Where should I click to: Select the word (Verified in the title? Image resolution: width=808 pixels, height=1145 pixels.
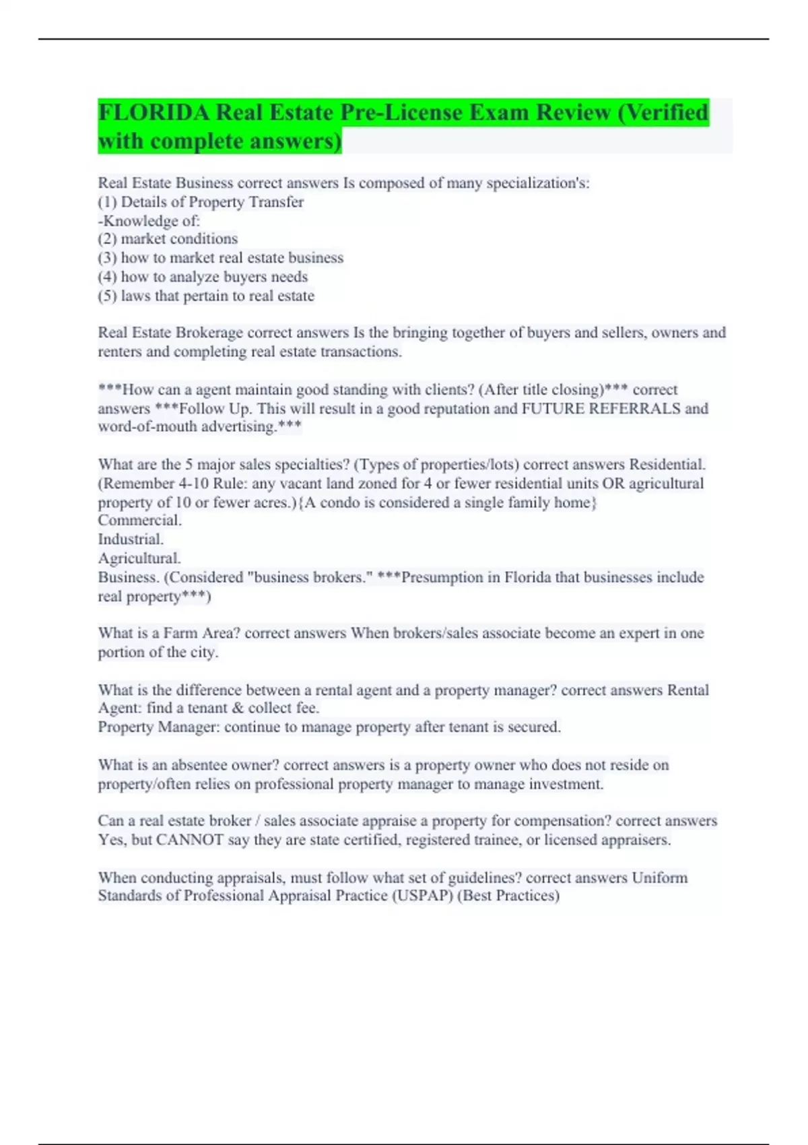[662, 112]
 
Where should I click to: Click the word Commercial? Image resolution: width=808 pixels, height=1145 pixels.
[139, 520]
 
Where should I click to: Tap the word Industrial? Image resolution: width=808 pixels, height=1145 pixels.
[131, 539]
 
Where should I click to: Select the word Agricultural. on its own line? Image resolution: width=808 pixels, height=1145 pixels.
[139, 558]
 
